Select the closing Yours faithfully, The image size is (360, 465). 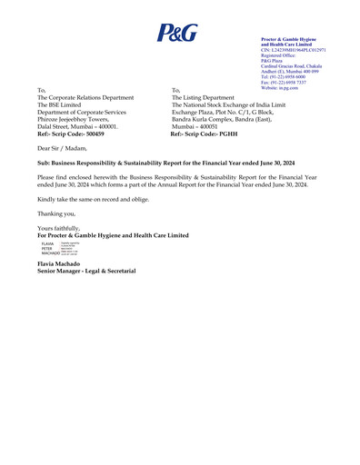coord(58,228)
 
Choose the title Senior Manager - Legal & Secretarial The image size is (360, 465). coord(86,272)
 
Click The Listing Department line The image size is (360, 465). coord(215,98)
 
